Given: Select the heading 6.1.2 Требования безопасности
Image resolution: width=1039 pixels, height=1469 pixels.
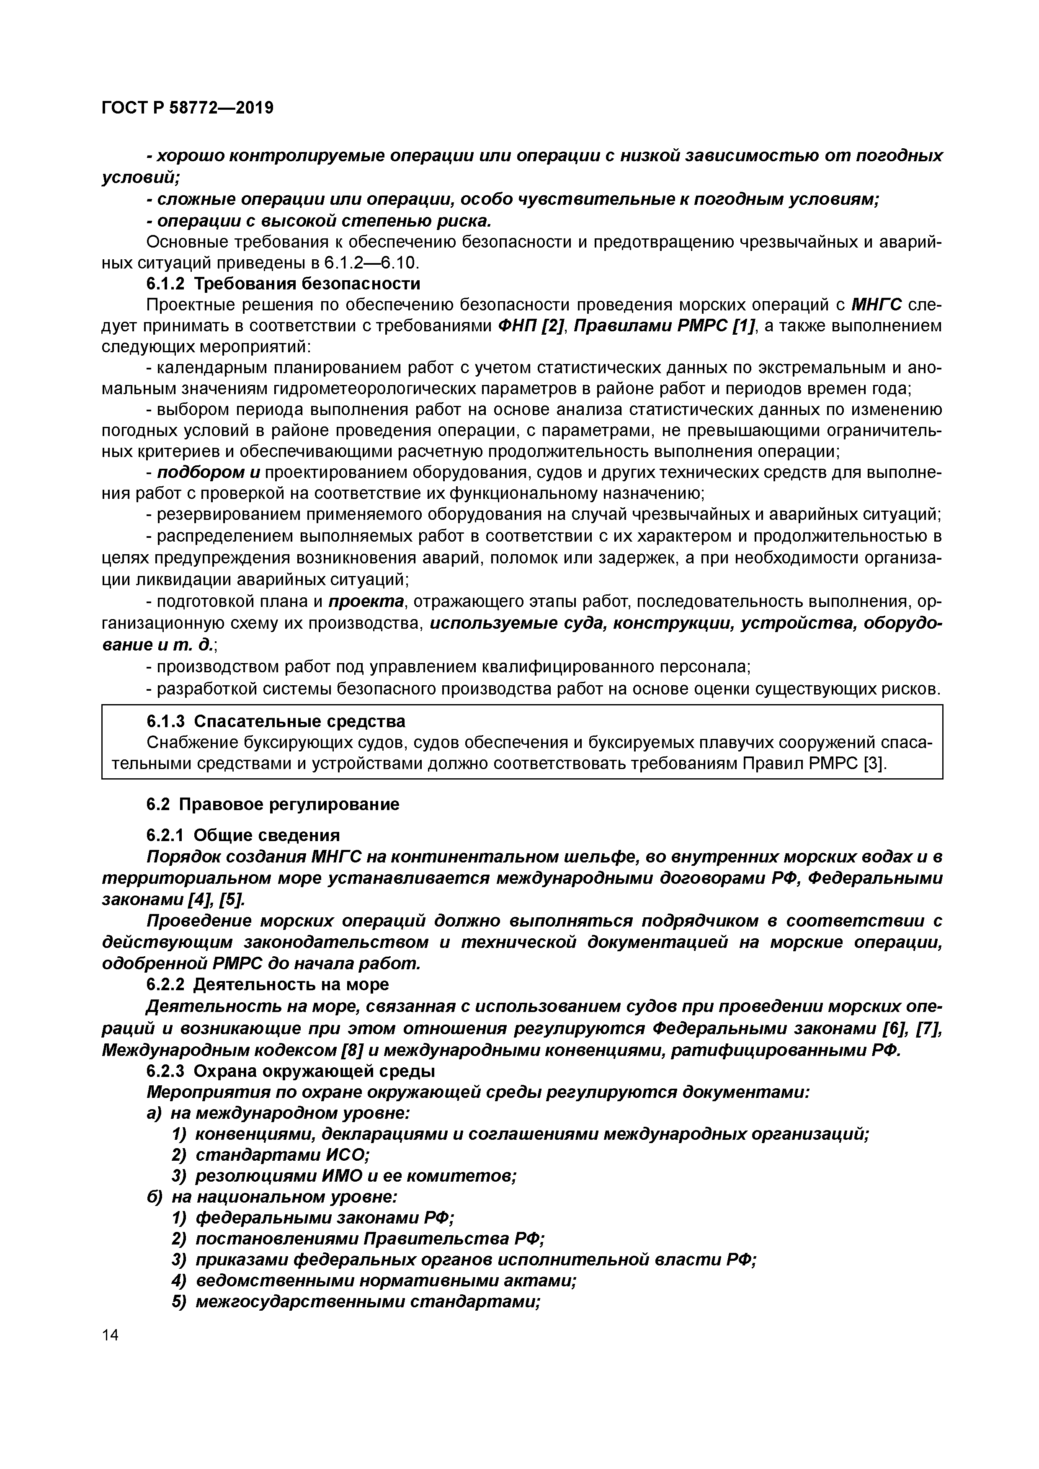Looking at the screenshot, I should [283, 284].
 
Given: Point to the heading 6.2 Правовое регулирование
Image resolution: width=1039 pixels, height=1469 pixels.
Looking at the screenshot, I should [273, 804].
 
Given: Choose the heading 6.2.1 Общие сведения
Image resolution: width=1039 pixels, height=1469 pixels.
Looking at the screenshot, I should [243, 835].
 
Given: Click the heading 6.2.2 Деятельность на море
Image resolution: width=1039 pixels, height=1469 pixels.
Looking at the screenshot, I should [268, 984].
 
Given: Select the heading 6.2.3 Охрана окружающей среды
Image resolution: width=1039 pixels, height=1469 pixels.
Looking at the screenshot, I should [291, 1070].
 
